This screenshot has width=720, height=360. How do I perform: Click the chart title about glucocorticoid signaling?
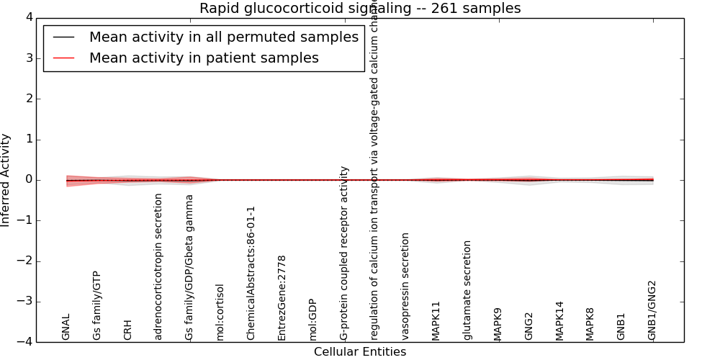coord(360,9)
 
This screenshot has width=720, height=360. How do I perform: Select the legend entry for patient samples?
coord(204,58)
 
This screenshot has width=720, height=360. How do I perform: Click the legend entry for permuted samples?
coord(223,37)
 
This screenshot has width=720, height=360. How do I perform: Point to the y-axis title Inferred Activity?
coord(6,180)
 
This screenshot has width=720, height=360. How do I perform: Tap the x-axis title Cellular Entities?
coord(360,352)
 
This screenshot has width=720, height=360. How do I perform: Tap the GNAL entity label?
coord(66,326)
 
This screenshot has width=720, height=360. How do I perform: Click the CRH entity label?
coord(128,329)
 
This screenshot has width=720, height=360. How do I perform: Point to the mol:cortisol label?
coord(220,312)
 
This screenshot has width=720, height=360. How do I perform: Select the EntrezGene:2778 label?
coord(282,297)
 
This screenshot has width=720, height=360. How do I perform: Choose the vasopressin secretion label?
coord(405,286)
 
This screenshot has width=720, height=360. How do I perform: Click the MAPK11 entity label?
coord(436,320)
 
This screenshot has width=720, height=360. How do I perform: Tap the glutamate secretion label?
coord(467,290)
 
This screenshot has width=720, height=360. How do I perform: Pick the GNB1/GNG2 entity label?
coord(652,310)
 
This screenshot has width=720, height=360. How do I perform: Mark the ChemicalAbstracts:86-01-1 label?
coord(251,273)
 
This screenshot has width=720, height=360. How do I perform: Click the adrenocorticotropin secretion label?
coord(159,266)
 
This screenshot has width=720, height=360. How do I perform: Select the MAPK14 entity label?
coord(559,320)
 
